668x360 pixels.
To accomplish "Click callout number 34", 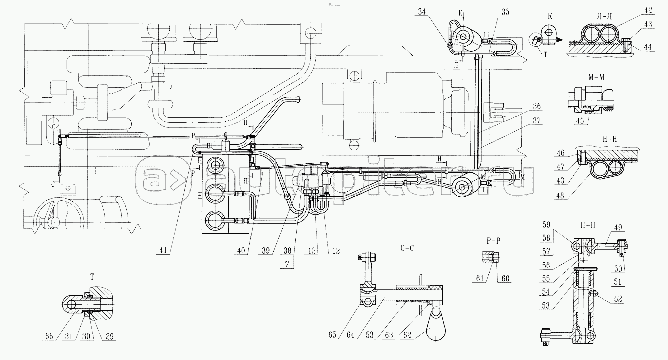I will tap(422, 12).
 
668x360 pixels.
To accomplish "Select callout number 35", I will tap(505, 12).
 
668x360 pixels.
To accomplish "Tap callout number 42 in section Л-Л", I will tap(648, 10).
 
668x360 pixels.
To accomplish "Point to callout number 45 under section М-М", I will tap(580, 121).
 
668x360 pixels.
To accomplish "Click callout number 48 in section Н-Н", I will tap(560, 196).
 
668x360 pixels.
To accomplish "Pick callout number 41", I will tap(163, 250).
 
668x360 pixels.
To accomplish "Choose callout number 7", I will tap(287, 264).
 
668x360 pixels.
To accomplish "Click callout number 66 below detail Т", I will tap(49, 336).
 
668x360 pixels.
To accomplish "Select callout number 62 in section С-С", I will tap(407, 335).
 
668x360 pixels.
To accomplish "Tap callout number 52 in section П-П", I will tap(618, 299).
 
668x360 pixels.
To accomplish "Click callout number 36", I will tap(536, 107).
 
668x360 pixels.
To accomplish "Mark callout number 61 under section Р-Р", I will tap(480, 278).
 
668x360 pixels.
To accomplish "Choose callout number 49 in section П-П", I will tap(618, 228).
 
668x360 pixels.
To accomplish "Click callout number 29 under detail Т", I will tap(110, 336).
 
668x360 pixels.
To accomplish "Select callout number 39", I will tap(266, 250).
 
